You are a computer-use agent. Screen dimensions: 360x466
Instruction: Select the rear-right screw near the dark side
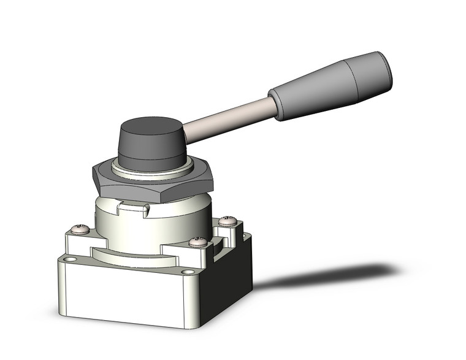tap(227, 220)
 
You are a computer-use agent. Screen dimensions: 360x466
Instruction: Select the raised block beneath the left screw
tap(78, 242)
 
